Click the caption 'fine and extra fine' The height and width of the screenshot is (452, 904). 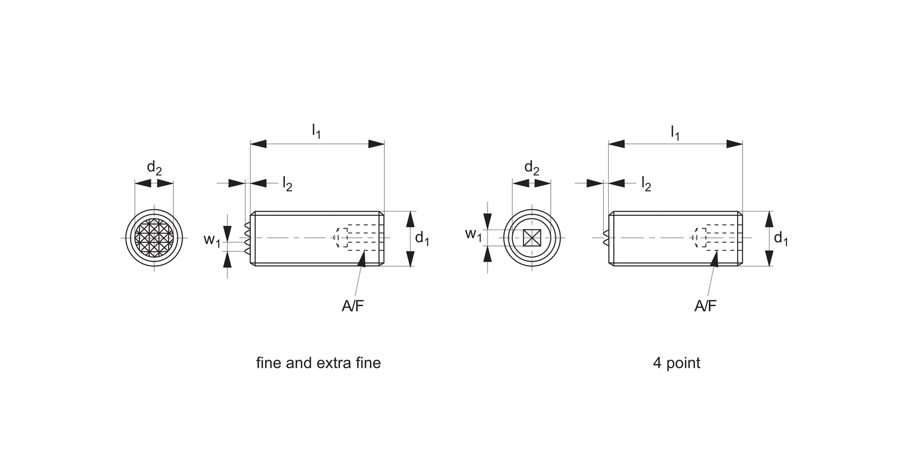318,363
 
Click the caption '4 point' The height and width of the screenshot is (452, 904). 676,363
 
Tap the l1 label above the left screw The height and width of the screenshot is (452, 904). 316,131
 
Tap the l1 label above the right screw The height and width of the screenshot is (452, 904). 675,131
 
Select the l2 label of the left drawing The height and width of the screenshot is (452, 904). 287,184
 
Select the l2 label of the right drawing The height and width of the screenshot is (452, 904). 645,184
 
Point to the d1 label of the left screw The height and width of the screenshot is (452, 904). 422,239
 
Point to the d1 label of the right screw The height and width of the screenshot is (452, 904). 780,239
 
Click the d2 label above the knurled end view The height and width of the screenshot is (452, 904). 154,168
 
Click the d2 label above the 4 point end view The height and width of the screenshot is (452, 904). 531,168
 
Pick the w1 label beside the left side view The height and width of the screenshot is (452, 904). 212,240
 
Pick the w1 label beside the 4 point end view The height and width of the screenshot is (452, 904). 473,234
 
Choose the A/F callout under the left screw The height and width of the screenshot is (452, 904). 353,306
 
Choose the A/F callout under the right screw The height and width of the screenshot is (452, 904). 705,306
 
